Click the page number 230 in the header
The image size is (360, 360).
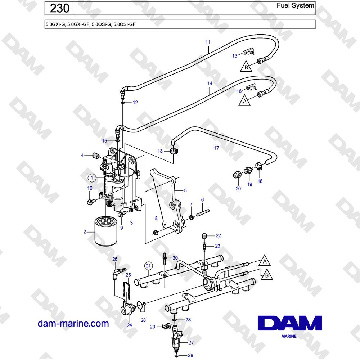[59, 9]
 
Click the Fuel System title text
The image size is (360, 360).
[295, 5]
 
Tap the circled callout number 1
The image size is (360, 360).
[92, 178]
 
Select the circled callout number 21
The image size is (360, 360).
[148, 266]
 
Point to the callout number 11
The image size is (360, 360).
[208, 42]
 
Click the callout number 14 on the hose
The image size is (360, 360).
[210, 84]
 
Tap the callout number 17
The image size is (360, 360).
[216, 148]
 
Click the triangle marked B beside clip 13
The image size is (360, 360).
[246, 67]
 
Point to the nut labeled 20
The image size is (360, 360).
[237, 175]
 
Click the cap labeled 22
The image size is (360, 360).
[204, 236]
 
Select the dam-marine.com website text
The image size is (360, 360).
[73, 324]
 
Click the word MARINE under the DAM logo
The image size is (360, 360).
[289, 336]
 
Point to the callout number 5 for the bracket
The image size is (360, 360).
[185, 190]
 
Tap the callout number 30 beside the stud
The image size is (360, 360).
[175, 258]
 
